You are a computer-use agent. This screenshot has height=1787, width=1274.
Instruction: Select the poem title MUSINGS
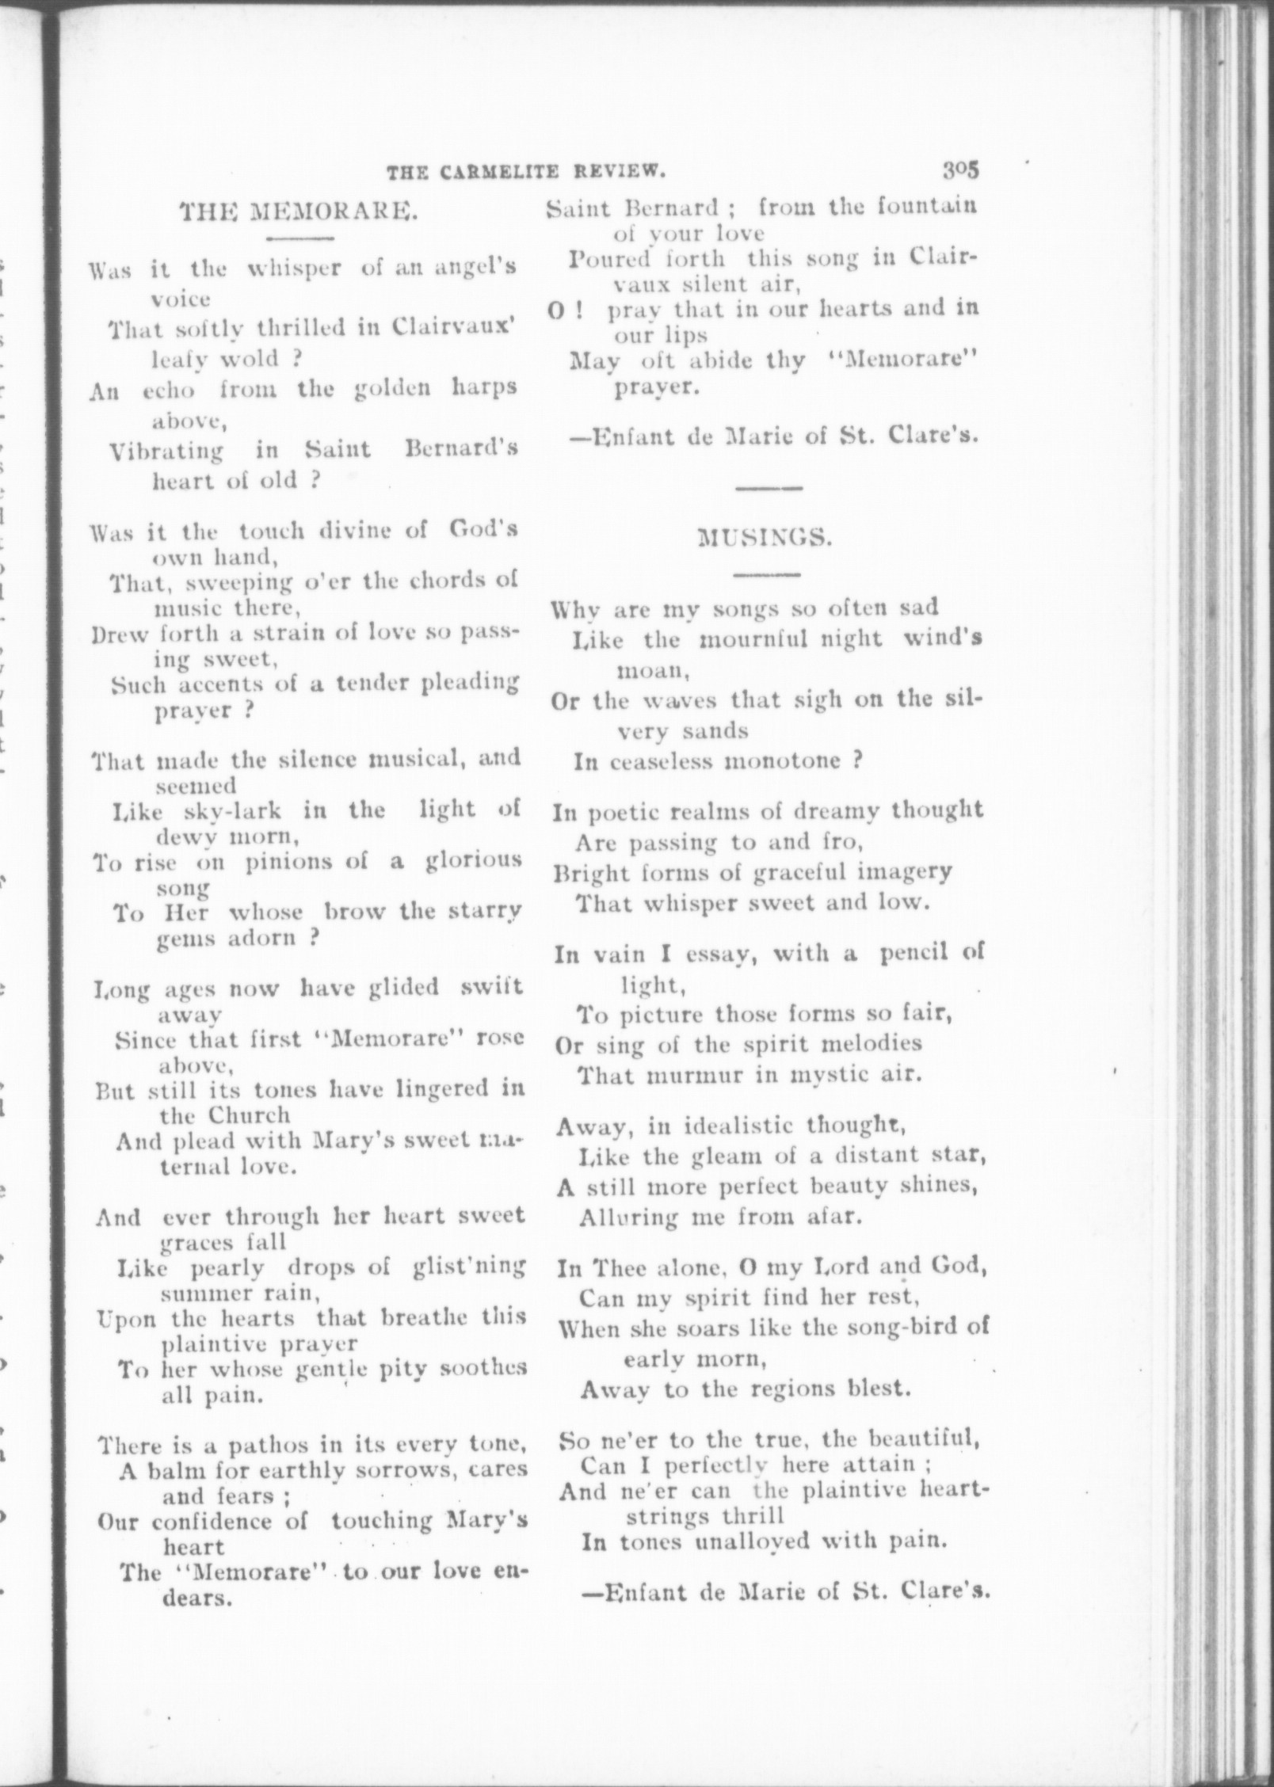point(765,538)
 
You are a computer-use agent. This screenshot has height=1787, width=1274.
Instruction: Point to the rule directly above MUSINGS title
point(769,489)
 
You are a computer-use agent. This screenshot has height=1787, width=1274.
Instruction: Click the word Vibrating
point(166,452)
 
